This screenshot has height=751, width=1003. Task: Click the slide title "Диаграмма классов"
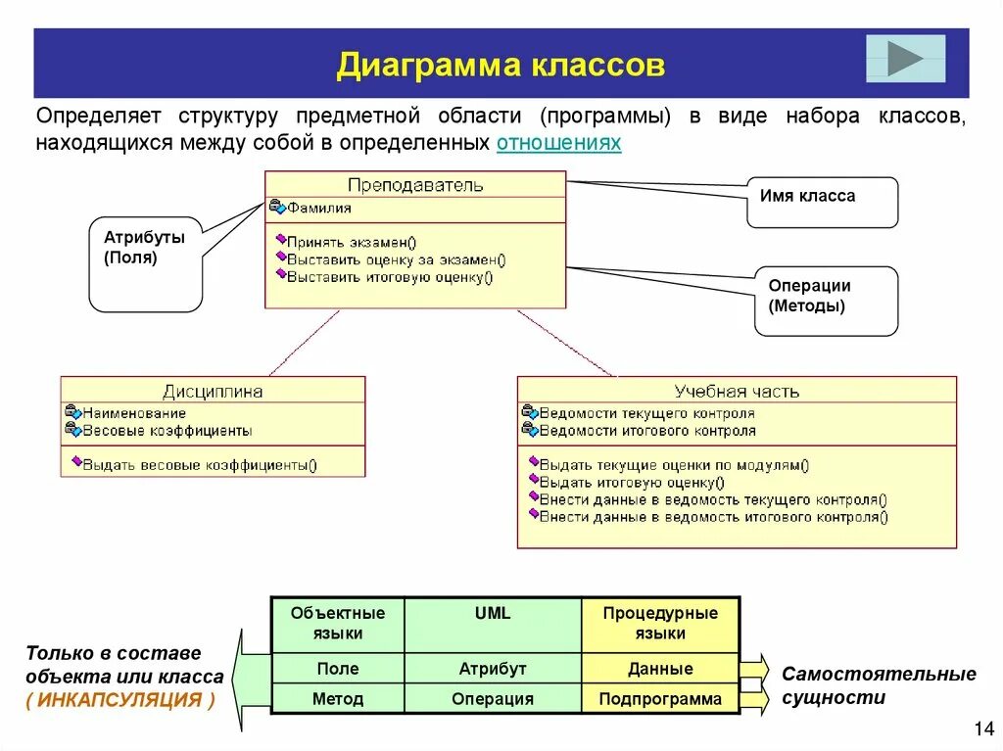point(501,66)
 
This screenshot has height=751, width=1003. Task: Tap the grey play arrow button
point(905,58)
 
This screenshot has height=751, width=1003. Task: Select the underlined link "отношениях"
point(558,143)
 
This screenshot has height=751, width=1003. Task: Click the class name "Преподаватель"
point(414,184)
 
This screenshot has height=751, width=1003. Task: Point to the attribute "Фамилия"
point(318,208)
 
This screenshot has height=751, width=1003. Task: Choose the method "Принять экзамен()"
point(351,242)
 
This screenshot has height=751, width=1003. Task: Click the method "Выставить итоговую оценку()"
point(390,277)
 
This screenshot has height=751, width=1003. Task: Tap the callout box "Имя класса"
point(822,201)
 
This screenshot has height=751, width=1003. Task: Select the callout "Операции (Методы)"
point(825,299)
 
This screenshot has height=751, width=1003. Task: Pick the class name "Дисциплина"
point(213,391)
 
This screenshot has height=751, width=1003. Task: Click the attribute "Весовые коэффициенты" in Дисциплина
point(167,430)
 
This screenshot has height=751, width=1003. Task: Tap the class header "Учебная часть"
point(737,391)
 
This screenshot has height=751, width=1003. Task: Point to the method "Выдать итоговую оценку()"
point(632,482)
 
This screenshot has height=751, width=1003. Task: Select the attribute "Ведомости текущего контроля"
point(646,413)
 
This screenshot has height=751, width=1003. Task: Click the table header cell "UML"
point(493,613)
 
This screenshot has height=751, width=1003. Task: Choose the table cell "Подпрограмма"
point(660,699)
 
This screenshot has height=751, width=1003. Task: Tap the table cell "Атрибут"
point(493,669)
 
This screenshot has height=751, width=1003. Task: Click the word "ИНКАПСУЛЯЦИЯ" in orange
point(120,699)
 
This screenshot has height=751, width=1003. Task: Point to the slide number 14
point(983,728)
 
